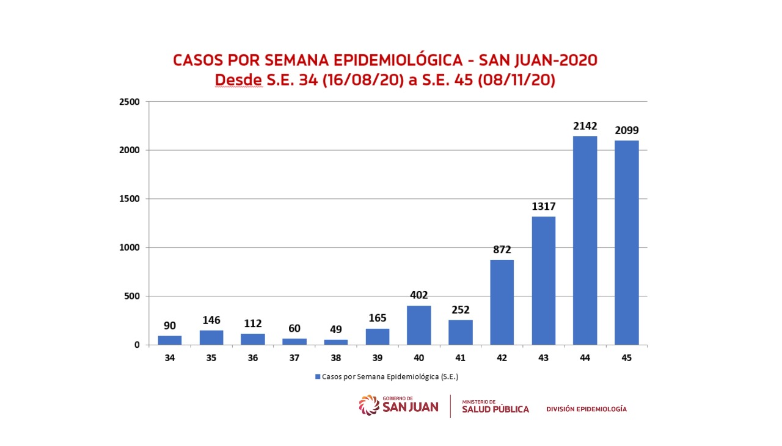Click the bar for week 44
585,240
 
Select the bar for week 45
626,243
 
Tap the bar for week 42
502,303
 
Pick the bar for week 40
418,325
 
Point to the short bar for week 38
335,342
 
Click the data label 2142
585,126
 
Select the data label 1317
543,206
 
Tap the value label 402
418,295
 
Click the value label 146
211,320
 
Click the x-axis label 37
294,358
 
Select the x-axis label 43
543,358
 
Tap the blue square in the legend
318,376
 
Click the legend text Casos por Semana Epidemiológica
390,376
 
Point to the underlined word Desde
238,80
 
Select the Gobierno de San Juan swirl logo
369,405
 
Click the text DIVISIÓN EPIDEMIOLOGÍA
586,409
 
